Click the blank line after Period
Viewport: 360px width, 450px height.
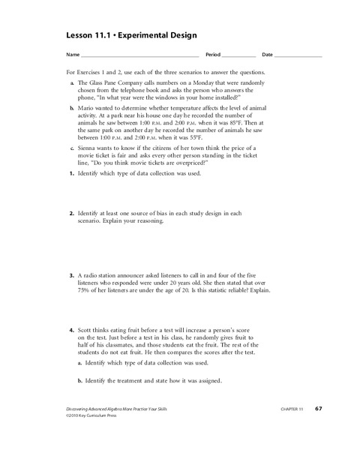(x=238, y=56)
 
